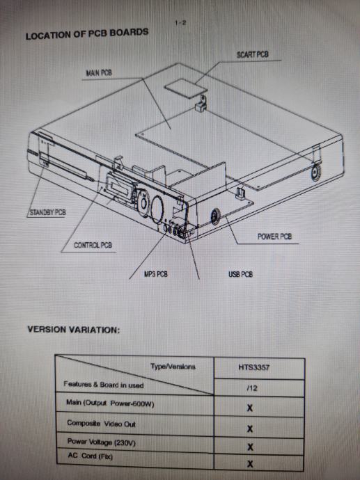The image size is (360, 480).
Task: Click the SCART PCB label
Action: (253, 54)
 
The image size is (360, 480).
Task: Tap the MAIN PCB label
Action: (99, 73)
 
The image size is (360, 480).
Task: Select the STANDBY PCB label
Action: (48, 212)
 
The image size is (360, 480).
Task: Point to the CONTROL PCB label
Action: (93, 245)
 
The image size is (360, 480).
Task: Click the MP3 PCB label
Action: (156, 274)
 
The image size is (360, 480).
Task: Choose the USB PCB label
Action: (240, 274)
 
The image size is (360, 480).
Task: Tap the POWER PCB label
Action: (274, 237)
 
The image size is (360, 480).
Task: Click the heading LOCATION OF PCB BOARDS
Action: (87, 33)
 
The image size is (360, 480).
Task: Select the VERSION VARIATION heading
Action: (74, 330)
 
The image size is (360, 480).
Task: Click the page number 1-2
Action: (180, 23)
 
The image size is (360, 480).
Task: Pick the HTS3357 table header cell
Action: (254, 367)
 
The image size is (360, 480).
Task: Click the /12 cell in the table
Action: (252, 388)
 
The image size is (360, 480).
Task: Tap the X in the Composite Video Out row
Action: (250, 429)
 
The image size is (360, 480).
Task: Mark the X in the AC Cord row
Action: (250, 464)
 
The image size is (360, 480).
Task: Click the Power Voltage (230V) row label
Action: (102, 442)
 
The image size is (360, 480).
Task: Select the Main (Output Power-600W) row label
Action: (110, 403)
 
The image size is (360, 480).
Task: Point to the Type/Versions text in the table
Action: (173, 367)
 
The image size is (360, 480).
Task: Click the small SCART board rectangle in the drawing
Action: (186, 88)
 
